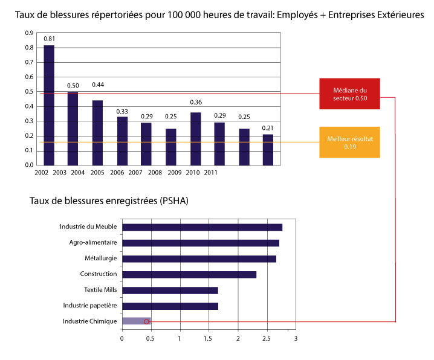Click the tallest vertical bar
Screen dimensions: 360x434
click(49, 105)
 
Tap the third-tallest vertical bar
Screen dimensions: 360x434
click(97, 132)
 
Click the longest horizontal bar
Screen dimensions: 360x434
click(202, 227)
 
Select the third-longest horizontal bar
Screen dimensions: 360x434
click(199, 259)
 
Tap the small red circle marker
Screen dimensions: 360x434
click(146, 322)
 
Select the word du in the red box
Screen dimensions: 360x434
click(363, 90)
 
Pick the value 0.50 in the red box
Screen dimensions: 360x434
click(361, 98)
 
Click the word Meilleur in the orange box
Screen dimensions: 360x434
click(338, 138)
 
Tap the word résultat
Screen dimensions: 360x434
click(362, 138)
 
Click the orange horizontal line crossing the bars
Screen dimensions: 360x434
click(181, 142)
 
